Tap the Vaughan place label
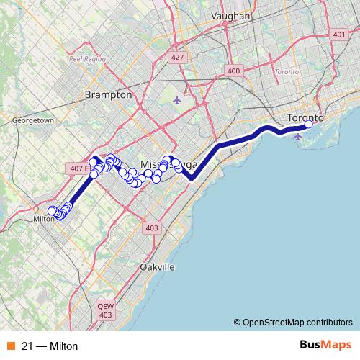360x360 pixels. coord(231,16)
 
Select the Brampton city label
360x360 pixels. coord(108,94)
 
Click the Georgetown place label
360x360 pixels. coord(33,120)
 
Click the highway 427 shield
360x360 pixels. coord(176,56)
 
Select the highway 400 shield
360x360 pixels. coord(233,71)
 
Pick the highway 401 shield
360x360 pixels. coord(339,34)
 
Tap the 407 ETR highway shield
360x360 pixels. coord(78,168)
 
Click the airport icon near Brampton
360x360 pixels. coord(178,99)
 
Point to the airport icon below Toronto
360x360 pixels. coord(298,136)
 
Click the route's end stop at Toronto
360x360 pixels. coord(309,124)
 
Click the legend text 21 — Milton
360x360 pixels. coord(50,346)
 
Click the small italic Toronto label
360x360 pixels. coord(287,72)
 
